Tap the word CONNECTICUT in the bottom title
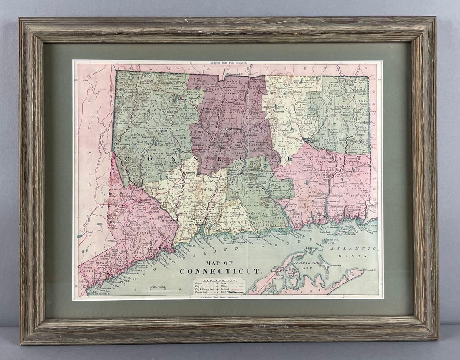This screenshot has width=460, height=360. pos(220,271)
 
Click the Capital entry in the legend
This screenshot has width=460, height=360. pos(201,284)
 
